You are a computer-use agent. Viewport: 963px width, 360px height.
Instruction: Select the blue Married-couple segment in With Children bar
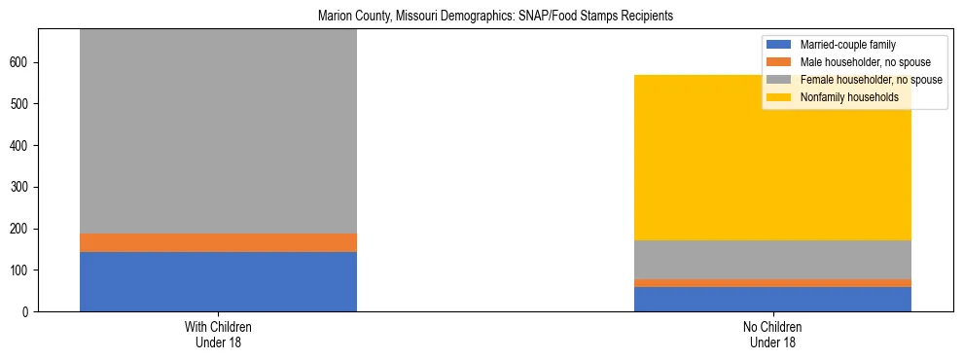[x=218, y=281]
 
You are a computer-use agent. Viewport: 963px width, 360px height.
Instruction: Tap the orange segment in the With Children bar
[x=218, y=242]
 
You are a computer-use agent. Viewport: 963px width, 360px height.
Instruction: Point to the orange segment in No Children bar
[x=772, y=283]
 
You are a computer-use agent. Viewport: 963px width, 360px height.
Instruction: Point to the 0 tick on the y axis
[x=30, y=311]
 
